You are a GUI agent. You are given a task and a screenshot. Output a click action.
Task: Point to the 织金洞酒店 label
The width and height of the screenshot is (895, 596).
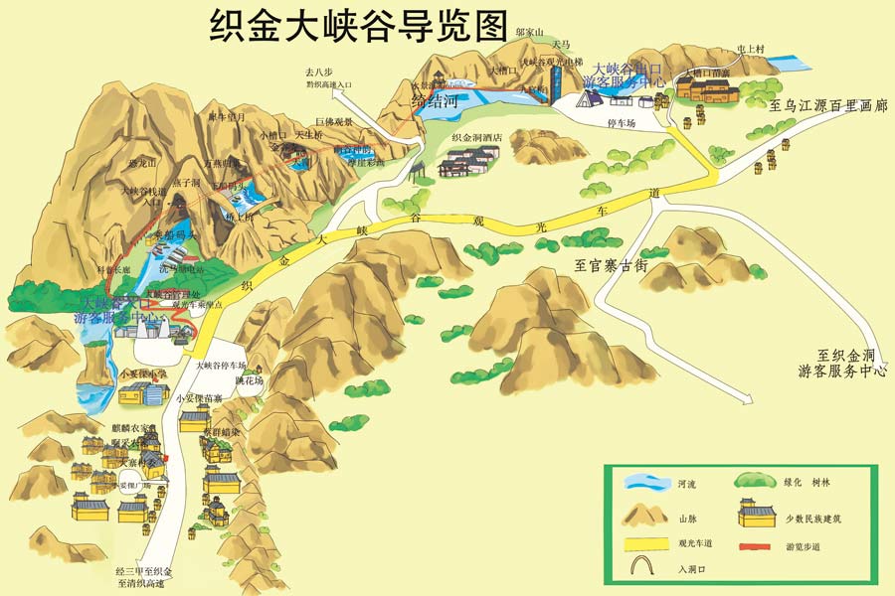point(477,138)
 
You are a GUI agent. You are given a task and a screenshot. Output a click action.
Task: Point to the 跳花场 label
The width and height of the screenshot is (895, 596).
point(250,380)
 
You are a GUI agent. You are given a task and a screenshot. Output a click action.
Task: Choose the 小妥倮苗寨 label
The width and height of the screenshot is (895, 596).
point(199,398)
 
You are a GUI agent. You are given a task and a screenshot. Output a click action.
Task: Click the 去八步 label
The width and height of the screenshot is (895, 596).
point(321,72)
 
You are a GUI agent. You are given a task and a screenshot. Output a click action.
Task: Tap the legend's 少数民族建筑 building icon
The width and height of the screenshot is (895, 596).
point(757,515)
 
